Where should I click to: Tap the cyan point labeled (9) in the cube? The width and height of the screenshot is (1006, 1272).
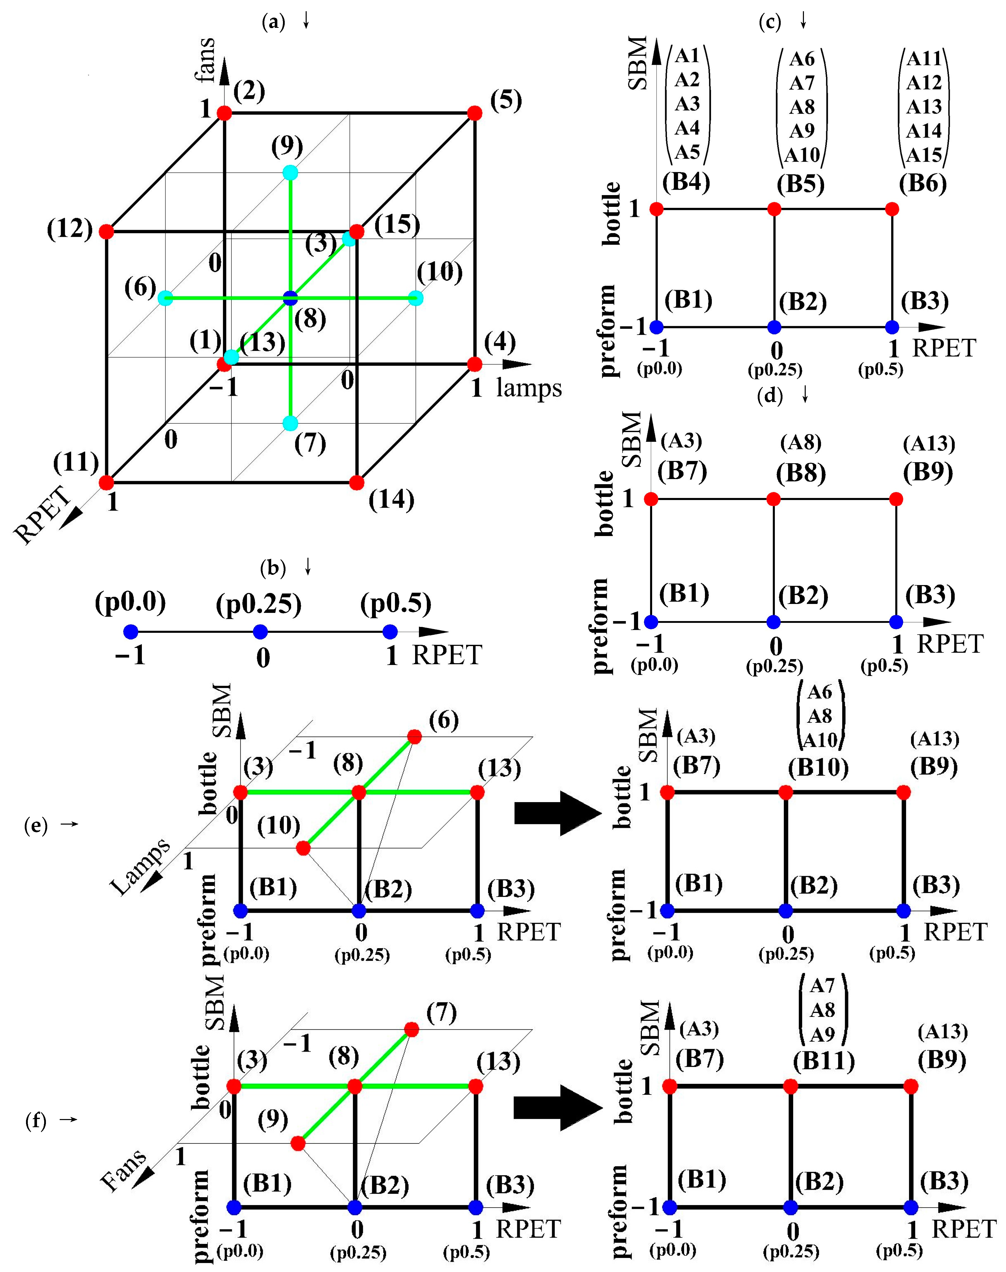290,173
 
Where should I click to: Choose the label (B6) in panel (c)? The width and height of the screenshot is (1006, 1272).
922,183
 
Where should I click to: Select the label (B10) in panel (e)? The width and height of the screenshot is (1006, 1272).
818,767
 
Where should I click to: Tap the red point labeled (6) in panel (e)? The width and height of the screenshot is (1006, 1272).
415,737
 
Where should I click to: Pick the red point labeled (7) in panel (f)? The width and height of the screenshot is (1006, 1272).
412,1030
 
